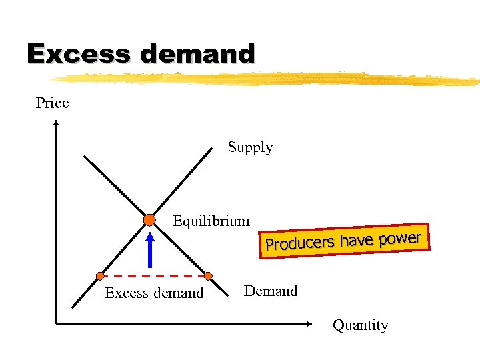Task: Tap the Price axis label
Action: click(52, 103)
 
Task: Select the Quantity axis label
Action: click(360, 325)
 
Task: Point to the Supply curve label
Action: click(250, 147)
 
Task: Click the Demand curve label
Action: click(271, 291)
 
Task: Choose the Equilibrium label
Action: click(211, 221)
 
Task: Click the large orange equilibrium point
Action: click(149, 220)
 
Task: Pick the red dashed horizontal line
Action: click(153, 275)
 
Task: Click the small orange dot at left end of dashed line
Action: click(100, 275)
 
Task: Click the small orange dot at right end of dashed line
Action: click(208, 275)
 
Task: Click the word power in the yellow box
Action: click(401, 237)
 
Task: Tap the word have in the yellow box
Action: click(357, 240)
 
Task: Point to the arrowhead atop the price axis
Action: click(56, 123)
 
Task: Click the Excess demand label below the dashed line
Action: click(154, 293)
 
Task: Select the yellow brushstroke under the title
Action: click(267, 79)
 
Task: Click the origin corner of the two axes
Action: click(56, 324)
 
